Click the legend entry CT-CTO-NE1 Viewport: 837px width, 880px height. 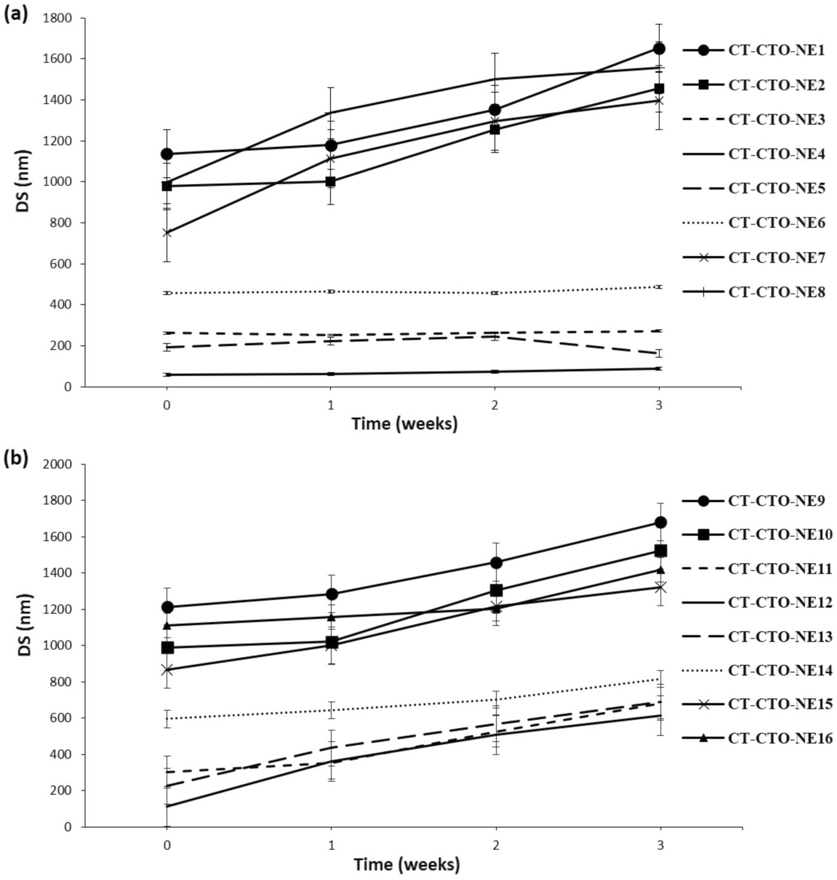[776, 50]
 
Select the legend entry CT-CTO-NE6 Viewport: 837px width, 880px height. [776, 223]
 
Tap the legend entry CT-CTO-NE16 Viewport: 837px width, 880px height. [780, 739]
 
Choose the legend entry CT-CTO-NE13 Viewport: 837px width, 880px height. [780, 636]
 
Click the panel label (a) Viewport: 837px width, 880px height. [15, 14]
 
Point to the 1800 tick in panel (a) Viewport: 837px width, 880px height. [60, 18]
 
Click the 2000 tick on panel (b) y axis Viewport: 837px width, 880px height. [60, 464]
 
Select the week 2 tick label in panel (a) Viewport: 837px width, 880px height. [494, 405]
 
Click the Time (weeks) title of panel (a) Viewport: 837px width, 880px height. [404, 423]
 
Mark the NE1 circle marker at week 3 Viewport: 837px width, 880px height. [659, 49]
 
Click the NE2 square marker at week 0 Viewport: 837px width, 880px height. [167, 186]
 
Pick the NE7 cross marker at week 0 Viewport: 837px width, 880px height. [167, 232]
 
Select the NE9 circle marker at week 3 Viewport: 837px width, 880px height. [661, 522]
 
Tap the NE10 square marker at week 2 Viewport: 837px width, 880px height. [497, 590]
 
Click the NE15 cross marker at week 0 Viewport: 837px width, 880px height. [167, 670]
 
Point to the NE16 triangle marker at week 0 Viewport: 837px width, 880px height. [167, 626]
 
